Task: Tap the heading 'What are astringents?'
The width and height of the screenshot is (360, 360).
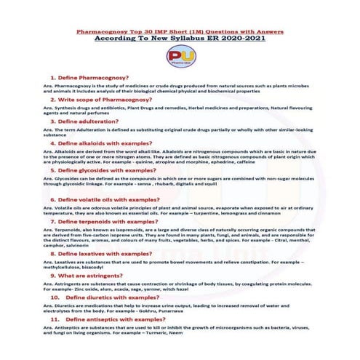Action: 92,276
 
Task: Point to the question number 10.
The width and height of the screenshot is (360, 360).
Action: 55,297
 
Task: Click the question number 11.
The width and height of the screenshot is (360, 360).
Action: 55,319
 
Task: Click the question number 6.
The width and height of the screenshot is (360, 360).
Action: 52,199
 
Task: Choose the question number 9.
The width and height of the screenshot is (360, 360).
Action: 52,276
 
